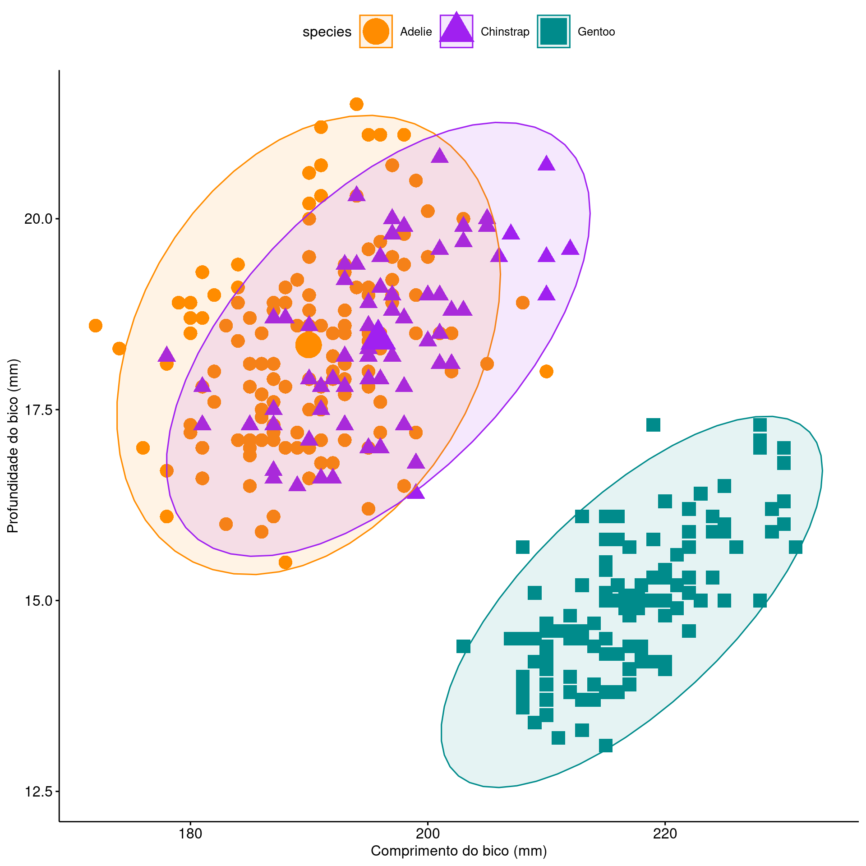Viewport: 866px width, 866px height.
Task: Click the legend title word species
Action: tap(327, 32)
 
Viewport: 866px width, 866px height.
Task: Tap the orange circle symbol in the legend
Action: tap(376, 32)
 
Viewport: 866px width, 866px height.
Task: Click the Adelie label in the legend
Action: tap(416, 32)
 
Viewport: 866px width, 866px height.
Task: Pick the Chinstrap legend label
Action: tap(505, 32)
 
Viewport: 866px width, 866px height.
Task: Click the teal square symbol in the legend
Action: tap(553, 32)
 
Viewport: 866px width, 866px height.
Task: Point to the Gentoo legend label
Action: tap(596, 32)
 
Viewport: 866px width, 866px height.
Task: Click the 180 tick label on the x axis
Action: tap(190, 834)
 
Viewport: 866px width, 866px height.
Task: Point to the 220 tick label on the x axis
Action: tap(665, 834)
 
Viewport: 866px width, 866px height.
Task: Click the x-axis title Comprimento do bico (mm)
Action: tap(459, 852)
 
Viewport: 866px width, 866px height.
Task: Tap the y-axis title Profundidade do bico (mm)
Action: tap(13, 446)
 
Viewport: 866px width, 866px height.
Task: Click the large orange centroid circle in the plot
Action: tap(309, 345)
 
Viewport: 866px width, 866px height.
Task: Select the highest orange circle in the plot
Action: tap(356, 105)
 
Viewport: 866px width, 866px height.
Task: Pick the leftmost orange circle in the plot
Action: tap(95, 326)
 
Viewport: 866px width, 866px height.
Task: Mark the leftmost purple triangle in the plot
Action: tap(166, 355)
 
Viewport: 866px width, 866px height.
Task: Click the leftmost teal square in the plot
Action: tap(463, 646)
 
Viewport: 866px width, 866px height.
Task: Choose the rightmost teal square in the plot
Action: tap(795, 548)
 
